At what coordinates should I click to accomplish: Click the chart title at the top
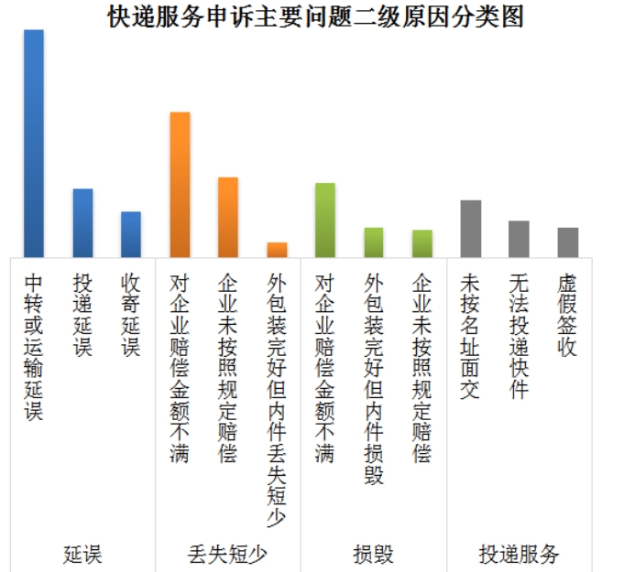(316, 16)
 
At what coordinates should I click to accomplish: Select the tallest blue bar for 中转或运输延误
(34, 144)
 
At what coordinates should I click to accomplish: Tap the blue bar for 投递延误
(82, 223)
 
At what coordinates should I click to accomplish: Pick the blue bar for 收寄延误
(131, 234)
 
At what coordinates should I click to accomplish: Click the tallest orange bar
(180, 185)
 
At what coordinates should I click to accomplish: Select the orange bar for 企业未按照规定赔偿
(228, 217)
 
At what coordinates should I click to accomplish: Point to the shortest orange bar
(277, 250)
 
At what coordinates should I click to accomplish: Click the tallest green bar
(325, 221)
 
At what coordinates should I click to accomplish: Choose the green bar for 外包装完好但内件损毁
(374, 243)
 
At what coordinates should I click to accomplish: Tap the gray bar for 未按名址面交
(471, 229)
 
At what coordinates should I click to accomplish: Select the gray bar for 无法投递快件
(520, 239)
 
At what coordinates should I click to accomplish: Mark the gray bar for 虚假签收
(568, 243)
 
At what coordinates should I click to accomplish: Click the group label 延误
(82, 554)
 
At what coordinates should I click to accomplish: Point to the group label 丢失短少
(228, 554)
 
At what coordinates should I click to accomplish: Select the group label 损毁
(374, 554)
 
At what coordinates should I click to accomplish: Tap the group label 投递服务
(520, 554)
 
